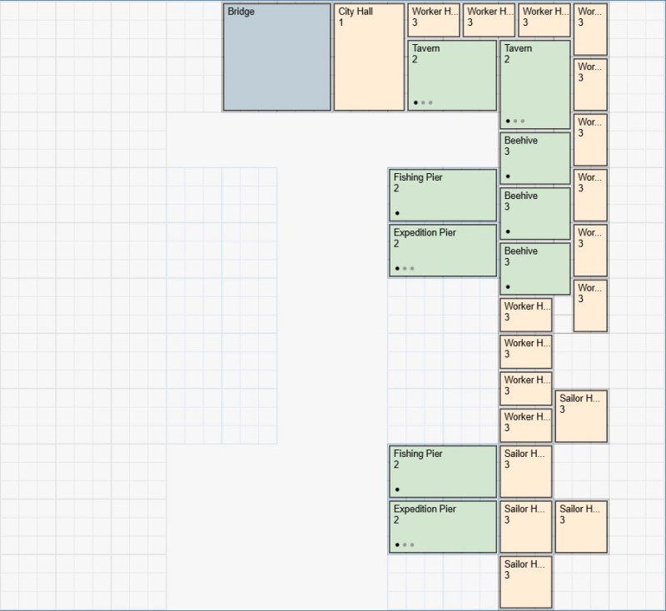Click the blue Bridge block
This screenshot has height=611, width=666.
click(276, 57)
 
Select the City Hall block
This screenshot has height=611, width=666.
click(369, 57)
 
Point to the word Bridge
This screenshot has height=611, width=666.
click(241, 12)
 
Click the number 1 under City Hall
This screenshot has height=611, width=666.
click(341, 22)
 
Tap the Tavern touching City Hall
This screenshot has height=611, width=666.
click(452, 75)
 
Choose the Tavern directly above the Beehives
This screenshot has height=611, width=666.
click(535, 84)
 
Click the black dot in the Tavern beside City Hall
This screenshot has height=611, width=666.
click(415, 102)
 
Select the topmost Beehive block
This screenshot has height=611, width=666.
click(535, 158)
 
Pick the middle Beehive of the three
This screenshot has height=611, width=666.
click(535, 213)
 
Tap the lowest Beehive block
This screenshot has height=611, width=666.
click(535, 268)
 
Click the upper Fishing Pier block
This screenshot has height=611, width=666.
click(443, 195)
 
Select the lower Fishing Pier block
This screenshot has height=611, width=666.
click(443, 471)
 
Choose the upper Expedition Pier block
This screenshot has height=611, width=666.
click(443, 250)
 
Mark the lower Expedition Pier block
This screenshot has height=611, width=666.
click(443, 526)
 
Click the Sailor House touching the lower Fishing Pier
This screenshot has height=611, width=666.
click(526, 471)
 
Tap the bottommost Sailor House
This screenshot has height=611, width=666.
click(526, 581)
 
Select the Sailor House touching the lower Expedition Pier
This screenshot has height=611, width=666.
click(526, 526)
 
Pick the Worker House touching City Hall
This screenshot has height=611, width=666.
click(434, 20)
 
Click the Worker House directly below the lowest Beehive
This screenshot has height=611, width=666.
click(526, 315)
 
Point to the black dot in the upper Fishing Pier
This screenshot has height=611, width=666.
click(397, 213)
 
